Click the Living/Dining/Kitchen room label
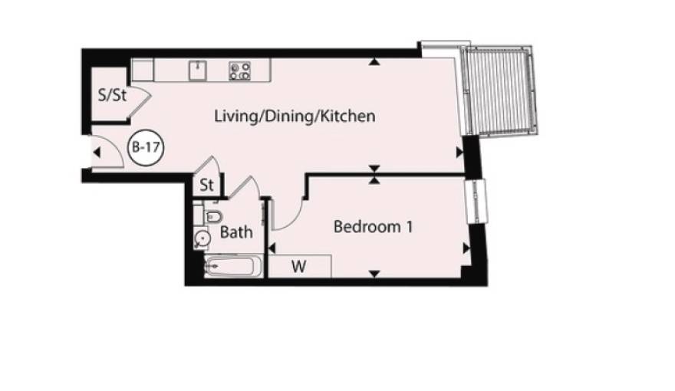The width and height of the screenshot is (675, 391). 295,117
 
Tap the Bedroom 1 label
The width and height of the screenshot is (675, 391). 374,227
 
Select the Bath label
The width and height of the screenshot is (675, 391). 236,232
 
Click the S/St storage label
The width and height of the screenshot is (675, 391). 112,95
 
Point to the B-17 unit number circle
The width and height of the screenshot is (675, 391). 147,147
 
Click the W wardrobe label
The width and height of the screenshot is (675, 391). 298,267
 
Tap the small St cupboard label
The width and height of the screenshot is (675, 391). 206,185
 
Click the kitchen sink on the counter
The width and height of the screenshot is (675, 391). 198,70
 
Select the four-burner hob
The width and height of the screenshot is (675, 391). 240,71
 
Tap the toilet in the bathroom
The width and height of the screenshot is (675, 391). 212,216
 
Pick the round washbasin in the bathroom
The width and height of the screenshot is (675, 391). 202,238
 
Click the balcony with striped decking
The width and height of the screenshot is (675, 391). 499,90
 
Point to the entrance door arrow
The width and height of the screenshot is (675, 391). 97,153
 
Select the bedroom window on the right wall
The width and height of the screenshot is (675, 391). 476,202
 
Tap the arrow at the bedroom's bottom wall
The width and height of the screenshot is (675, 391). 374,274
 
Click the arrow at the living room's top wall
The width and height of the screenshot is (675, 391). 374,62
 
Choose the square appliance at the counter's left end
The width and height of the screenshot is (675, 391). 143,70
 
